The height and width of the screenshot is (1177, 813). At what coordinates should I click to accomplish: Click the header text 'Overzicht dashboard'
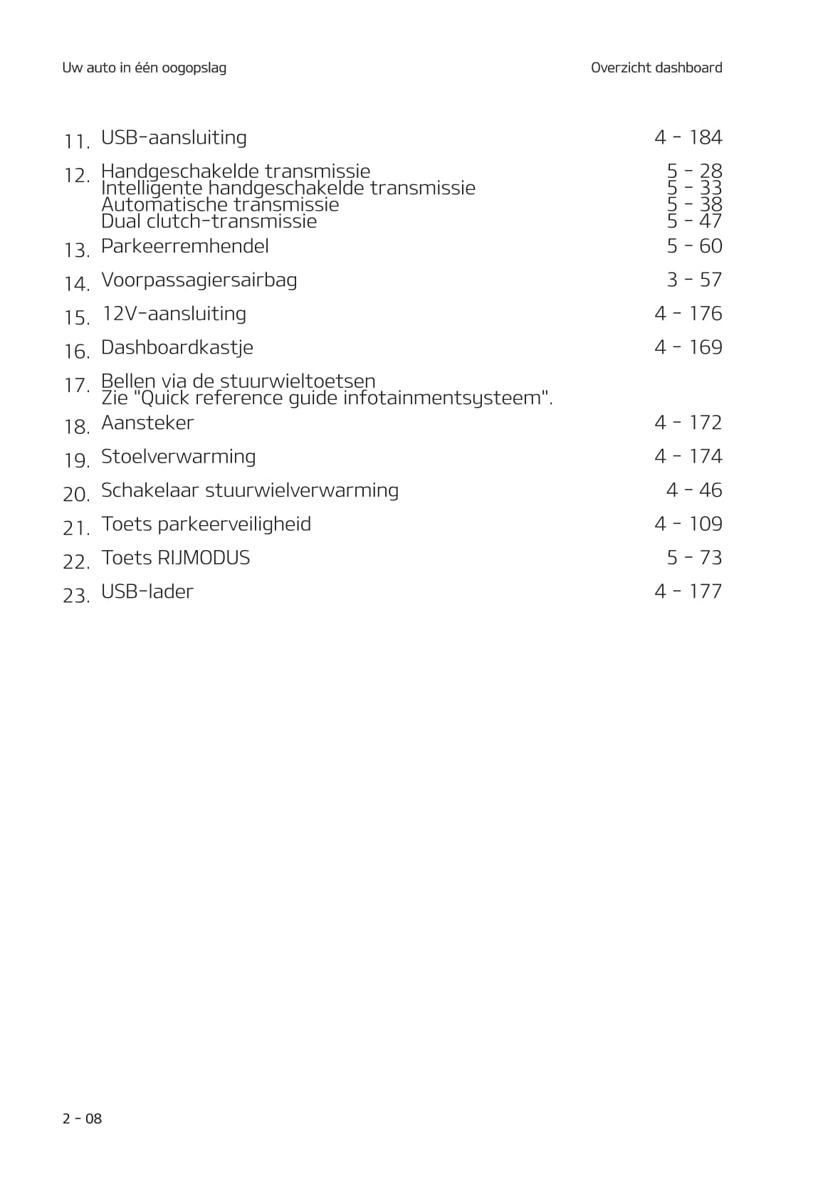(x=656, y=68)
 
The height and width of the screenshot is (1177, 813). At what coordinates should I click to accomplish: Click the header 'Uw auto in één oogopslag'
(x=144, y=68)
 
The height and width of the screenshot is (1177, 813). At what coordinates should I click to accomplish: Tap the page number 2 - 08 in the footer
(x=82, y=1118)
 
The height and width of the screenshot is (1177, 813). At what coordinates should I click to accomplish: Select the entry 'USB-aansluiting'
(x=174, y=137)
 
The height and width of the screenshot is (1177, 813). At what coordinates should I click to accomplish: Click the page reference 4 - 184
(x=688, y=137)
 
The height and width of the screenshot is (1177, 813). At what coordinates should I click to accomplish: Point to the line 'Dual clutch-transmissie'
(x=209, y=221)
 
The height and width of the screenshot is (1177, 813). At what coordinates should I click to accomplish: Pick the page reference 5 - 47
(x=694, y=221)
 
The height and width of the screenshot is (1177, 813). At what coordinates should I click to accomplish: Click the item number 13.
(x=76, y=250)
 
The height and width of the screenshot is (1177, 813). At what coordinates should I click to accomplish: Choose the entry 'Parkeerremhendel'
(x=184, y=246)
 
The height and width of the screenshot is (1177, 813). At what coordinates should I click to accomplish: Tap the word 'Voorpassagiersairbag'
(x=199, y=280)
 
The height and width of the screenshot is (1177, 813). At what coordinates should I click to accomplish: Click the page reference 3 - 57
(x=694, y=280)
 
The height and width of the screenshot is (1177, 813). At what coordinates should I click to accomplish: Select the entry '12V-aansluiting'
(x=174, y=314)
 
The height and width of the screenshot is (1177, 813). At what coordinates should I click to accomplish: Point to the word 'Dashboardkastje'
(x=177, y=347)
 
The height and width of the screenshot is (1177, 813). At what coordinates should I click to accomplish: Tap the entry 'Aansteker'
(x=147, y=423)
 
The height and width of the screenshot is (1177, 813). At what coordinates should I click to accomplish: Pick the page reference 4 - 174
(x=688, y=456)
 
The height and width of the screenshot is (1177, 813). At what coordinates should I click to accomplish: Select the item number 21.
(x=76, y=528)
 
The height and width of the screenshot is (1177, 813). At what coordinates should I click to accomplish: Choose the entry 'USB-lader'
(x=147, y=591)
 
